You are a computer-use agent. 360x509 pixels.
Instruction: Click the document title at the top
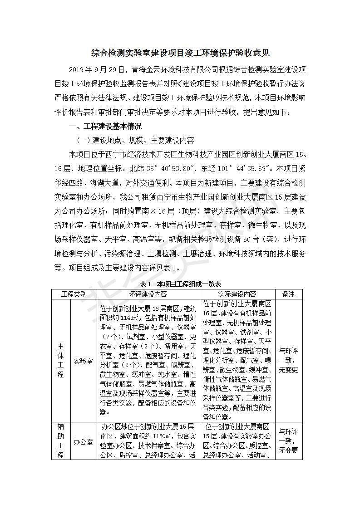point(180,53)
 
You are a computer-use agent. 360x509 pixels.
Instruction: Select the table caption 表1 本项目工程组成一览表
point(180,284)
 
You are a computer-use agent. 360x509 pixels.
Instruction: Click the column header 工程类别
point(74,294)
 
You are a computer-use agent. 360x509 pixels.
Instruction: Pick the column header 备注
point(288,294)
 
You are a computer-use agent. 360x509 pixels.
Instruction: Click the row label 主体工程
point(61,361)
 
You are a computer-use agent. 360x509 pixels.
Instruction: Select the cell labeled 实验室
point(83,361)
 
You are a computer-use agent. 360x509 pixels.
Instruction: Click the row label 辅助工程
point(61,440)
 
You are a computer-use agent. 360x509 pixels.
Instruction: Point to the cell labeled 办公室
point(83,441)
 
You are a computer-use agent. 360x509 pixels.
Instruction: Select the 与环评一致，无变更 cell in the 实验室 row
point(288,361)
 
